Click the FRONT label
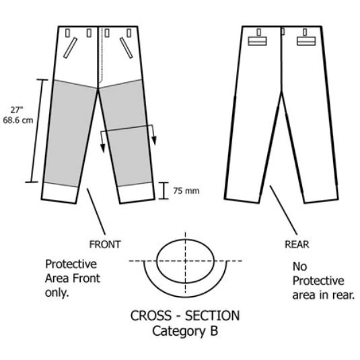coord(105,244)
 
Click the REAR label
coord(297,244)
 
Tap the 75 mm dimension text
coord(186,191)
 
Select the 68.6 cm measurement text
coord(18,120)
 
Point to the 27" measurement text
coord(17,110)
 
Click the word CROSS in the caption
coord(151,316)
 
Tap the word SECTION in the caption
coord(213,316)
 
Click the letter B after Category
coord(214,331)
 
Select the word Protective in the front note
coord(71,264)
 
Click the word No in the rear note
coord(299,266)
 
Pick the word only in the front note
coord(57,293)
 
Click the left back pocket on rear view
coord(257,41)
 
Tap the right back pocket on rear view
coord(306,41)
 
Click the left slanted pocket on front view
coord(70,48)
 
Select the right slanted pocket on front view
coord(127,48)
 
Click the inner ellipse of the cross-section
coord(157,261)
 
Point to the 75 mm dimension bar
coord(164,190)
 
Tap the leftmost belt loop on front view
coord(67,33)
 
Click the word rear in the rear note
coord(344,295)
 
